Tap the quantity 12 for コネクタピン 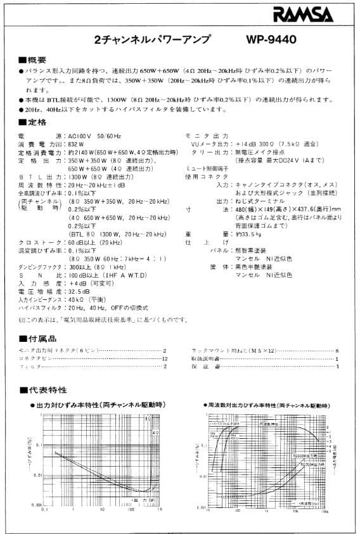coord(165,358)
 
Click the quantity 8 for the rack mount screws coord(338,350)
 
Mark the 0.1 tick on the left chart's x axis coord(44,509)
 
